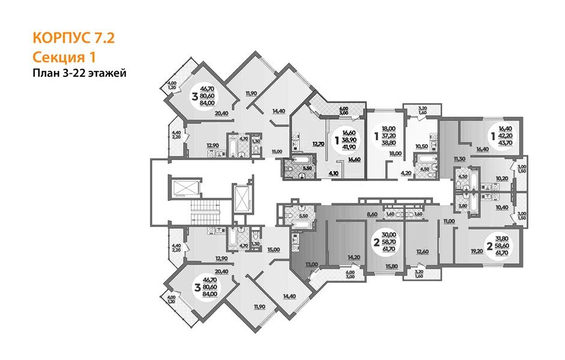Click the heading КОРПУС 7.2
click(73, 40)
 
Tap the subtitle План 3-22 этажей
click(79, 73)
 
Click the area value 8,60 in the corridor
click(372, 213)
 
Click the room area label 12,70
click(318, 143)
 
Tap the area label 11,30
click(460, 158)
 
